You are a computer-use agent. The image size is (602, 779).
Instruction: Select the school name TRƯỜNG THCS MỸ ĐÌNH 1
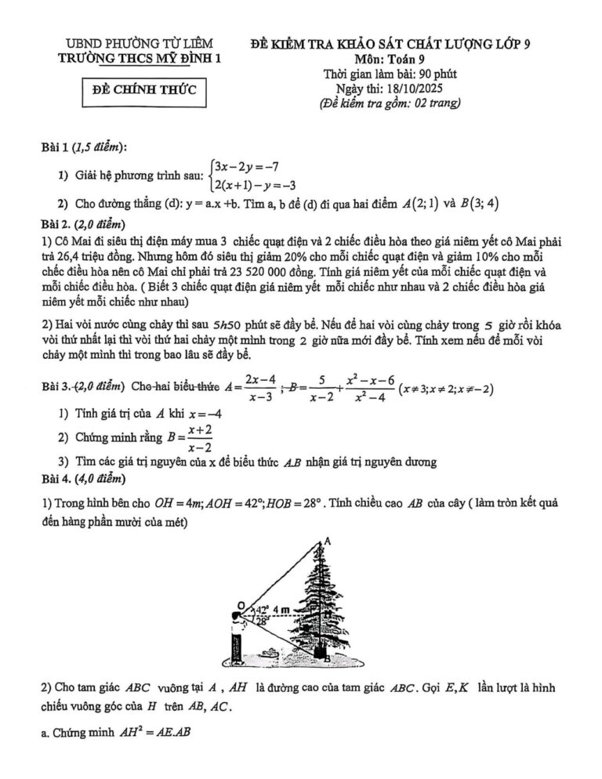click(x=143, y=57)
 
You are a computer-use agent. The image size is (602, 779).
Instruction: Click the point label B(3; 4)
click(x=481, y=204)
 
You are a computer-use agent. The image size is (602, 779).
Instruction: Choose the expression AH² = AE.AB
click(x=145, y=732)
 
